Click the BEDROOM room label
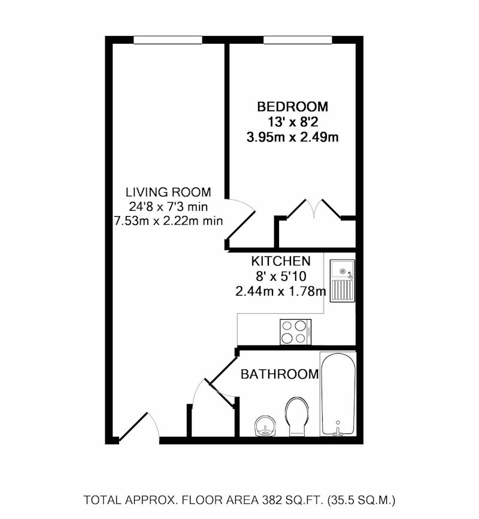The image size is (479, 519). point(293,107)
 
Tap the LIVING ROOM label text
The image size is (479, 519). point(168,192)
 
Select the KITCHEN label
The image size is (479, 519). point(281,261)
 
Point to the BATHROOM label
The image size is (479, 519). point(280,374)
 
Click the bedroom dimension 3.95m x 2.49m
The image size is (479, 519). point(293,137)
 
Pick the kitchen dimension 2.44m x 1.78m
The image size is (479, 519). point(281,292)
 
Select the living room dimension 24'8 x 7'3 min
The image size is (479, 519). point(168,207)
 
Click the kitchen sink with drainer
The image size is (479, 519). point(342,281)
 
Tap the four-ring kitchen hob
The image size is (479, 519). point(295,332)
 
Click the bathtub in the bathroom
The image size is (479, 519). point(338,394)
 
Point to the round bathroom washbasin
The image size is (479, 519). point(265,426)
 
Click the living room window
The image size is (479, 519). point(168,40)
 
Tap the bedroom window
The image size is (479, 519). point(298,40)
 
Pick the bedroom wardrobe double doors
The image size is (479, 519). point(313,208)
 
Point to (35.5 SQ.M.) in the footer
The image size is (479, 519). point(361,500)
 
